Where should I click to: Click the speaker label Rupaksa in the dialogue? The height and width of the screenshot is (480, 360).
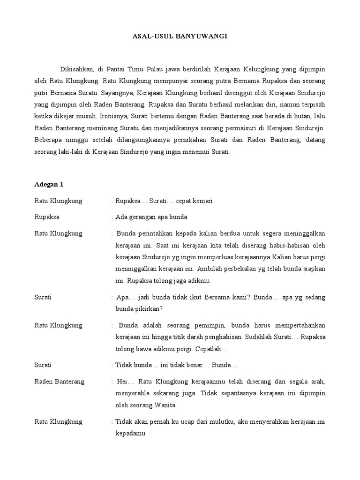click(x=47, y=217)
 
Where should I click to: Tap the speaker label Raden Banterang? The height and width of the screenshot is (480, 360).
click(x=60, y=381)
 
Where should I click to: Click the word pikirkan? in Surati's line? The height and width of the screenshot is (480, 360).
click(x=146, y=309)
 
